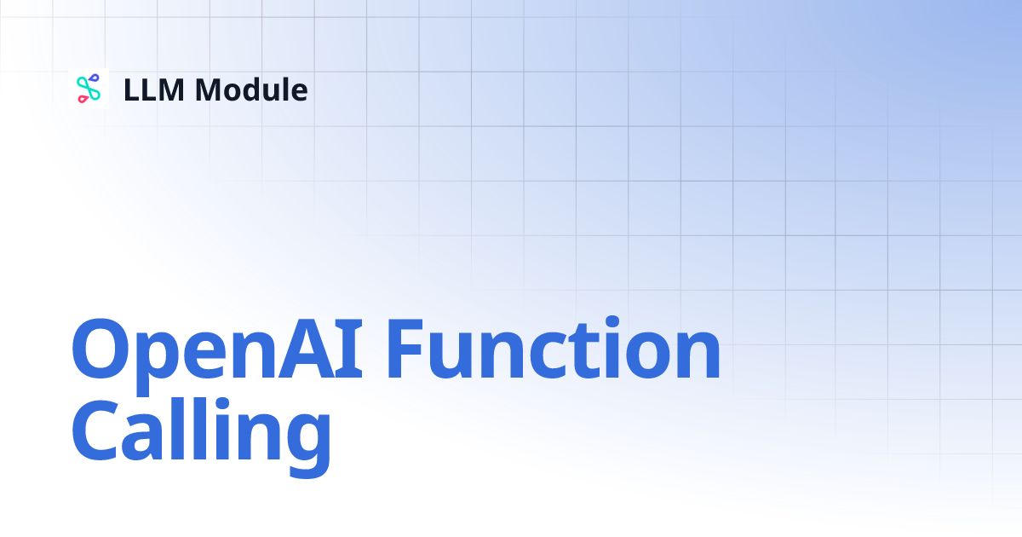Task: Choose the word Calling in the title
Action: click(x=201, y=435)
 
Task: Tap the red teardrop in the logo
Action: click(x=83, y=100)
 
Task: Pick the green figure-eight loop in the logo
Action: click(x=89, y=89)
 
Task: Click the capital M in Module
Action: click(x=212, y=89)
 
